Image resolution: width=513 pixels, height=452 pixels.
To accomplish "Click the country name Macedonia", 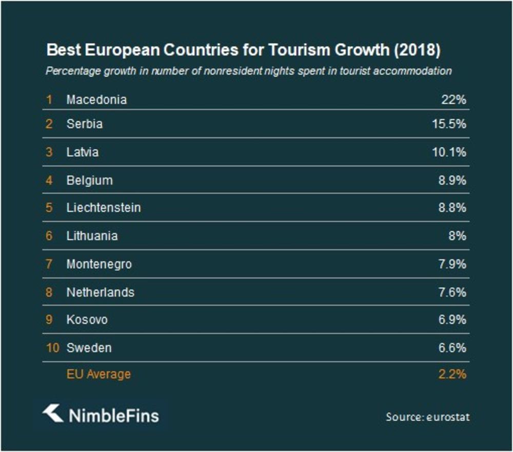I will click(96, 100).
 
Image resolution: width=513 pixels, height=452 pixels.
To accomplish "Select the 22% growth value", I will click(453, 100).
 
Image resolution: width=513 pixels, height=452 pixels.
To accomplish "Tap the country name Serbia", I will click(84, 124).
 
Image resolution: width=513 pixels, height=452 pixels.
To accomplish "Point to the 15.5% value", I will click(448, 124).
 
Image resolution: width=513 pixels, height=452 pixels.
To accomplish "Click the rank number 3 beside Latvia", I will click(49, 153).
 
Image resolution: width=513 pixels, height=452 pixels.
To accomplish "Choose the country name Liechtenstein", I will click(104, 208).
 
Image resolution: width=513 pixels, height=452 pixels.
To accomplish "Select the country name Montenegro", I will click(99, 264).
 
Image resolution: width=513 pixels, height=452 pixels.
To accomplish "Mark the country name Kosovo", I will click(87, 319).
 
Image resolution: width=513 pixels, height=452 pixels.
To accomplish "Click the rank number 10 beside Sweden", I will click(52, 348).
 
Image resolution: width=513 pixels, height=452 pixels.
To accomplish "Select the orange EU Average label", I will click(98, 374).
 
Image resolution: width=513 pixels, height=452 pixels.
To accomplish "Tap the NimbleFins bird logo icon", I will click(52, 413).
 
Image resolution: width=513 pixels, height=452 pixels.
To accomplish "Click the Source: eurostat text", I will click(427, 417).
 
